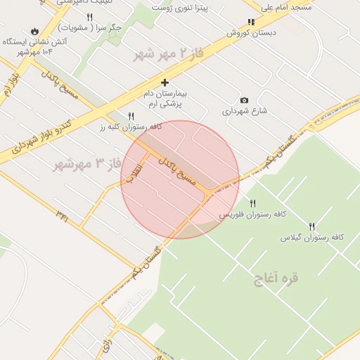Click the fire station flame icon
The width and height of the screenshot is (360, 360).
pyautogui.click(x=34, y=32)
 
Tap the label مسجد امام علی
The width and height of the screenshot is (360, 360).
pyautogui.click(x=286, y=7)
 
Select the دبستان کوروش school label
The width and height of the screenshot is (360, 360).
pyautogui.click(x=251, y=32)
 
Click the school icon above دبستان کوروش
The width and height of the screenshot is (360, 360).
pyautogui.click(x=251, y=22)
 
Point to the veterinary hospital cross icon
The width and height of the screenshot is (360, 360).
pyautogui.click(x=165, y=82)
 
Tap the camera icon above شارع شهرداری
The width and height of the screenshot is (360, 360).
pyautogui.click(x=244, y=100)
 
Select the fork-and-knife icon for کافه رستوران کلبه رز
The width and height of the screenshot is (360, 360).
pyautogui.click(x=131, y=116)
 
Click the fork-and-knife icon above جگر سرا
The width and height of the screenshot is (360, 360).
pyautogui.click(x=89, y=17)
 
